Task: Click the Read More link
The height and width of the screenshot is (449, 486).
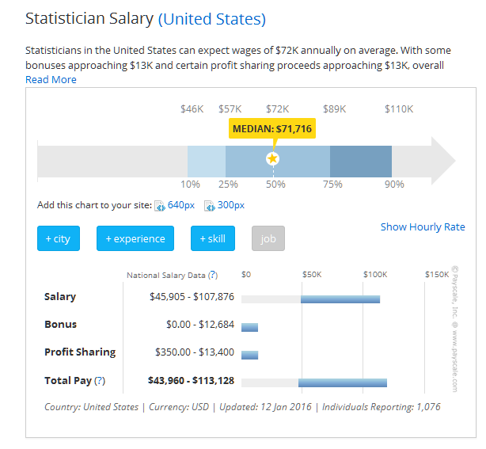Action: pos(51,79)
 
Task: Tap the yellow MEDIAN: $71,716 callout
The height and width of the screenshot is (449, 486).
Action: pos(272,129)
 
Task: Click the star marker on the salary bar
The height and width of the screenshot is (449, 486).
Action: pos(273,158)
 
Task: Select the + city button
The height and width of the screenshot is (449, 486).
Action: pos(58,238)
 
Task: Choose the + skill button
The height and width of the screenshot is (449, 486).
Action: pos(213,238)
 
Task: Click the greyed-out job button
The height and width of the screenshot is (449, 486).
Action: pos(268,238)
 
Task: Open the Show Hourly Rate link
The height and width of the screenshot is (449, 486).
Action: pos(423,227)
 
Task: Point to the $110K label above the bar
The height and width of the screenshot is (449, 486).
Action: pos(399,108)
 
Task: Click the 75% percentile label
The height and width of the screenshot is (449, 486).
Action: pos(332,185)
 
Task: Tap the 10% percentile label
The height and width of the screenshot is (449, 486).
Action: pos(190,185)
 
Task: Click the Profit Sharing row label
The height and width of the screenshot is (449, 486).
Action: pos(80,352)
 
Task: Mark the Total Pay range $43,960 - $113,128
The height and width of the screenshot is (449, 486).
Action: pos(191,380)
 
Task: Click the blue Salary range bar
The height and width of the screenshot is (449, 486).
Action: pos(340,299)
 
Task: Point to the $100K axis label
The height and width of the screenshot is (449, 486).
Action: pos(375,275)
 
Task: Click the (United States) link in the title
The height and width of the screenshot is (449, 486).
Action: pos(212,19)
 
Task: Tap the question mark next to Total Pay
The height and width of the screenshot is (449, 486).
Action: pos(100,381)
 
